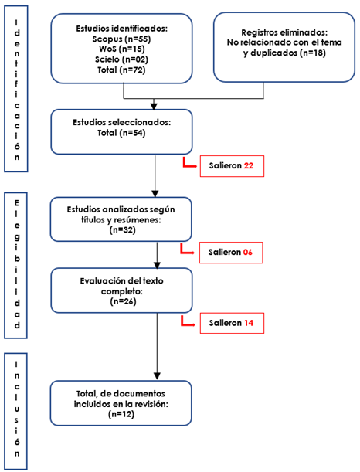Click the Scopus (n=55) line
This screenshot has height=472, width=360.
(121, 39)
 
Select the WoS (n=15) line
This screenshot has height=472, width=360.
(122, 49)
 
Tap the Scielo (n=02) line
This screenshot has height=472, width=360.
(121, 59)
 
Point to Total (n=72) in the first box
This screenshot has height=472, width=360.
(121, 70)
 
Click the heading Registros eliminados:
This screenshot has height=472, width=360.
(284, 32)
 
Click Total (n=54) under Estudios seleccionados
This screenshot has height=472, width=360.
(121, 133)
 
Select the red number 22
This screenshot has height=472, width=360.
(249, 165)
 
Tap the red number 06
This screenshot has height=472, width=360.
(247, 252)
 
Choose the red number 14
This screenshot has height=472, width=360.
(249, 323)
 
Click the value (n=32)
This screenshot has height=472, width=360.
(123, 230)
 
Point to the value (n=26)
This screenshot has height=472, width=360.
(123, 301)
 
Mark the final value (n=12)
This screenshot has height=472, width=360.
(121, 414)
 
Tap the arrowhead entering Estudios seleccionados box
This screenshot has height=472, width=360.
(154, 107)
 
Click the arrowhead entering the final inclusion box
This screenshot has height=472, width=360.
(157, 376)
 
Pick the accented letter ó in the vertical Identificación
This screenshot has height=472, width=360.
(17, 145)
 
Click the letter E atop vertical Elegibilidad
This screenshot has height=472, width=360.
(16, 203)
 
